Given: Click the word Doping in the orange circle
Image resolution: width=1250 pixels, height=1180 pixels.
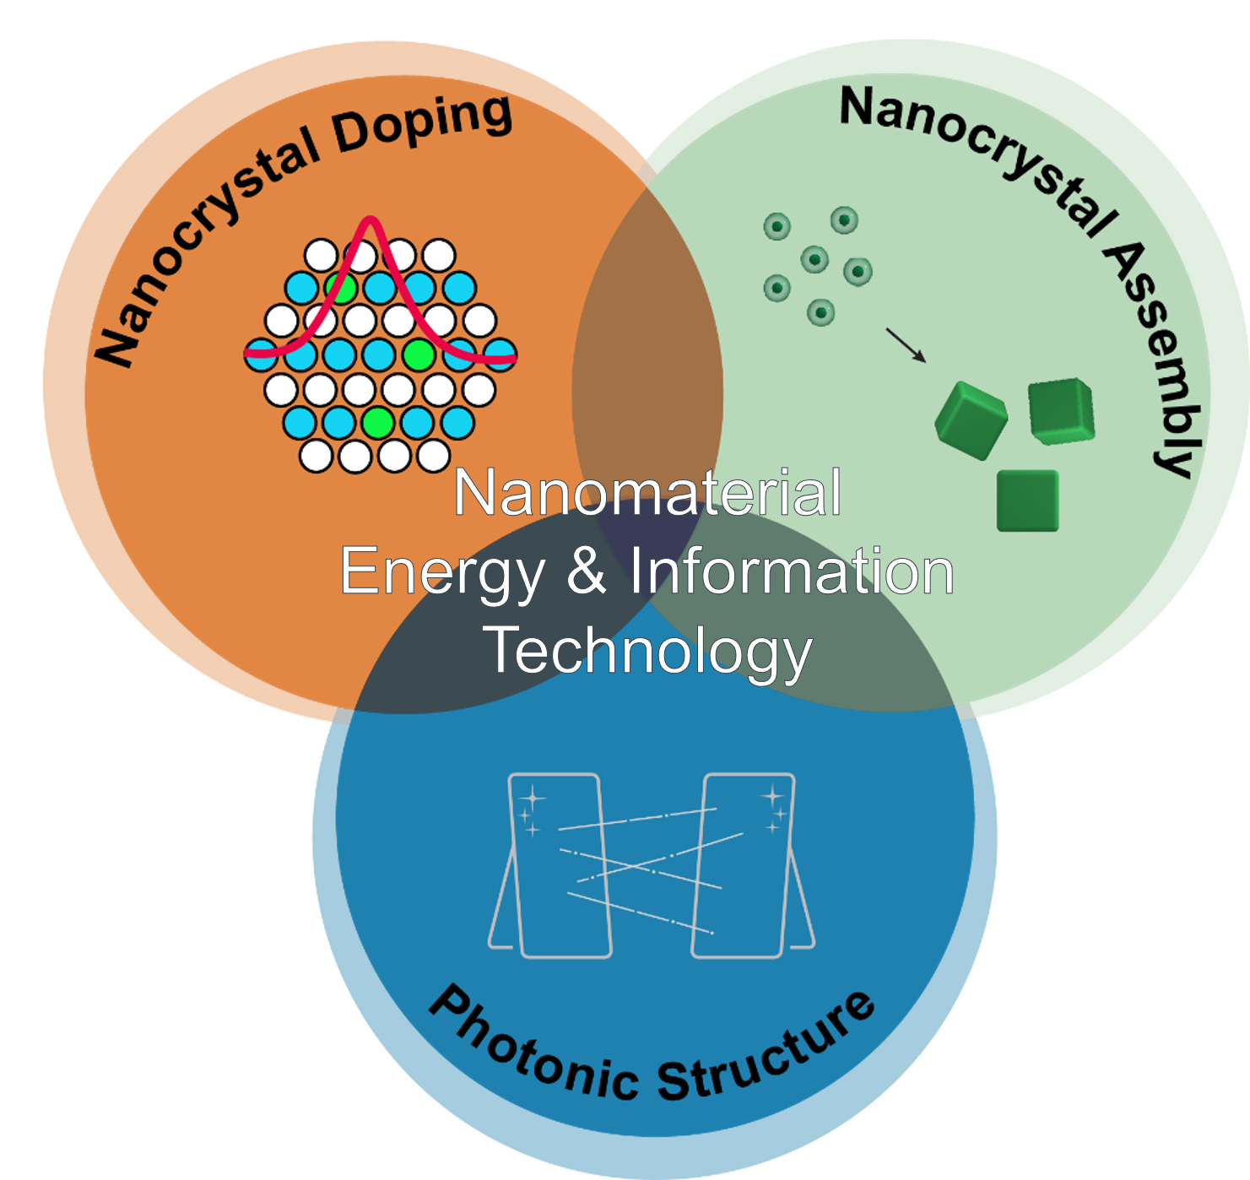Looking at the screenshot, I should click(423, 125).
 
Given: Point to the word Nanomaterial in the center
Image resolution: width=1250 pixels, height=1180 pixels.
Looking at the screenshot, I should click(647, 493).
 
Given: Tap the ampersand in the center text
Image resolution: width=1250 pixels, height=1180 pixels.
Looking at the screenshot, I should click(587, 571).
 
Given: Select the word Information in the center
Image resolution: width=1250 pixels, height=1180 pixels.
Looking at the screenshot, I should click(792, 571).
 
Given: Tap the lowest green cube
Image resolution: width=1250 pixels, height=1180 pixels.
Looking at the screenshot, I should click(1027, 501).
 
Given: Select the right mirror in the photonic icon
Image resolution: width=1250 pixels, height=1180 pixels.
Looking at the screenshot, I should click(744, 865).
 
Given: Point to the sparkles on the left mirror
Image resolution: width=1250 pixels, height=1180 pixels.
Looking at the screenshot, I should click(530, 810).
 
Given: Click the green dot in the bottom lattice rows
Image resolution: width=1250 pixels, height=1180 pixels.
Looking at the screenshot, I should click(377, 422).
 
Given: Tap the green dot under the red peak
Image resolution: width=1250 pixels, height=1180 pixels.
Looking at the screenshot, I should click(341, 288).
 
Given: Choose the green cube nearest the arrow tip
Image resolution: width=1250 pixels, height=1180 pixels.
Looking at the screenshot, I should click(971, 420).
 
